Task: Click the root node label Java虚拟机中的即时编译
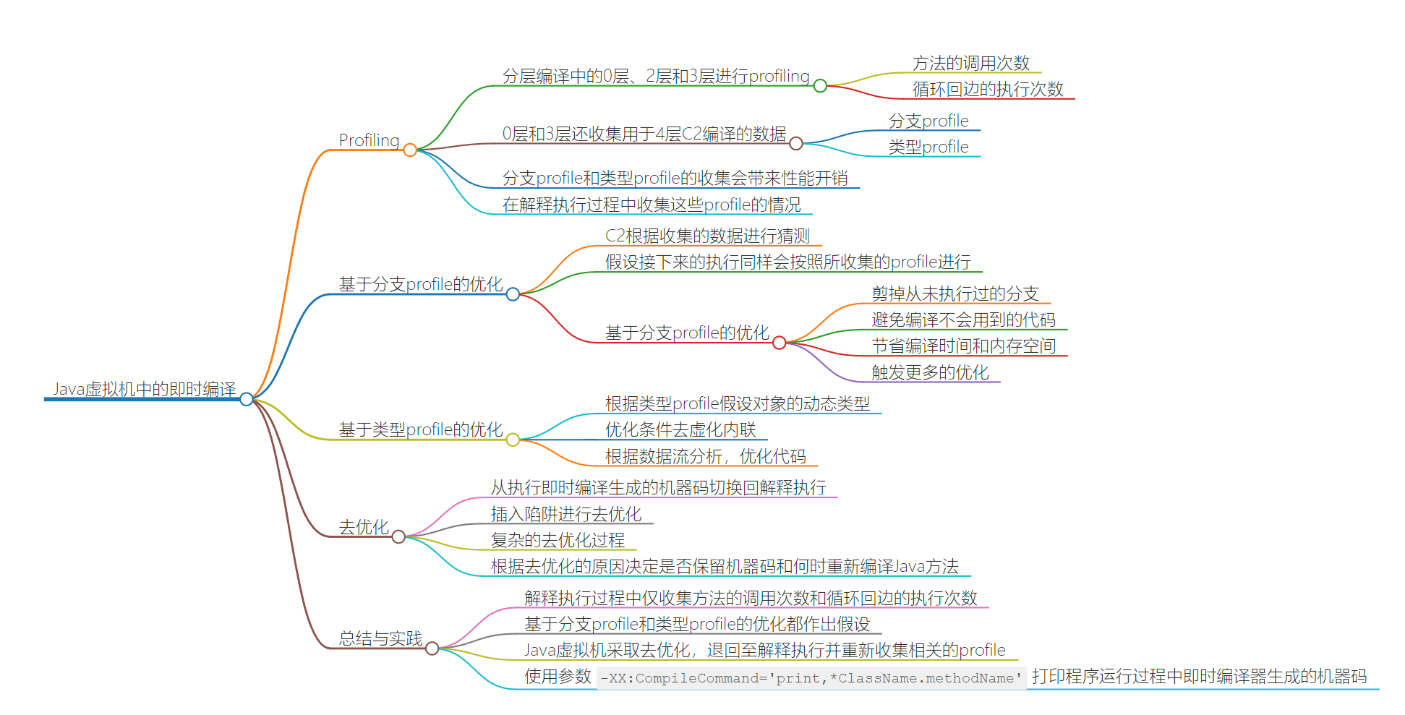145,389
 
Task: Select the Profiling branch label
369,140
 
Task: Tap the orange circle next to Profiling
410,150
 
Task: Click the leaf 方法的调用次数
970,63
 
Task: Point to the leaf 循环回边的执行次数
988,89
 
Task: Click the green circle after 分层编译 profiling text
820,86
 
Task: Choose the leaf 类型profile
928,147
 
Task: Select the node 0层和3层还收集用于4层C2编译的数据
644,134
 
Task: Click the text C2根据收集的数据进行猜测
707,236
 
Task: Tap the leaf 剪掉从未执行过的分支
955,294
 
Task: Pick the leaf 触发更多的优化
930,372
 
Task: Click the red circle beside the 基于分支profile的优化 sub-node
780,343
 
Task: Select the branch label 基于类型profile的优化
421,429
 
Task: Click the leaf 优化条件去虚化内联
680,429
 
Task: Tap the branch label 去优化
364,527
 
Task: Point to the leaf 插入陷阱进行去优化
566,514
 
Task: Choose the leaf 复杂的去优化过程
558,540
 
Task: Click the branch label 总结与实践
380,638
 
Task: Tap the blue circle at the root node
247,399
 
